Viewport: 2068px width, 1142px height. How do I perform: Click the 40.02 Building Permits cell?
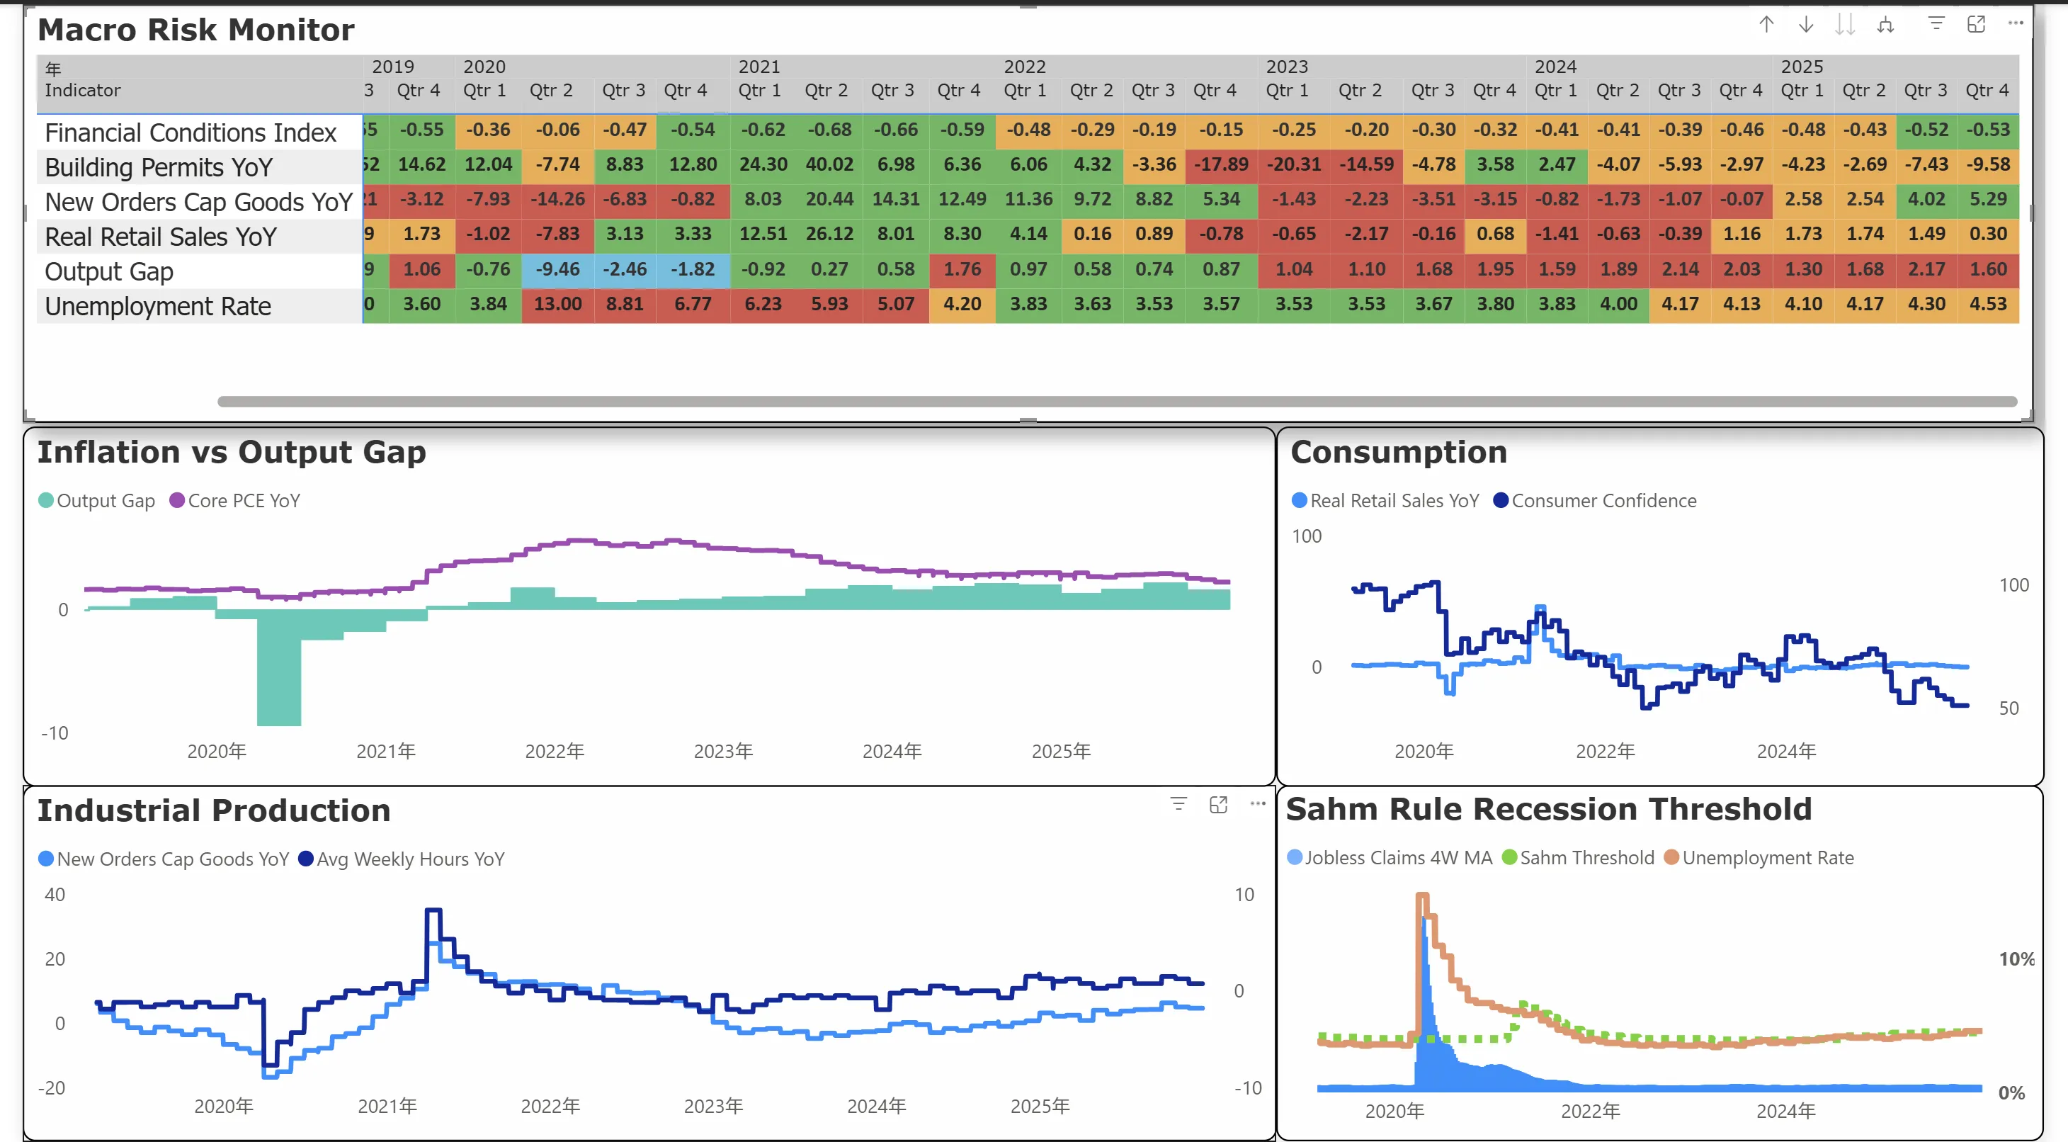[829, 164]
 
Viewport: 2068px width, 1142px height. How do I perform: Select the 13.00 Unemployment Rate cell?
[557, 305]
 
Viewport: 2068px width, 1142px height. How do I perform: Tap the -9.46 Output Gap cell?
[557, 269]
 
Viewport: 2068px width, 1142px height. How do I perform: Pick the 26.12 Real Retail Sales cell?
[829, 234]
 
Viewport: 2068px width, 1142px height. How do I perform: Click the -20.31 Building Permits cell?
[1293, 164]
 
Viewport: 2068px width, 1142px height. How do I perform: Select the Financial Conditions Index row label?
[191, 132]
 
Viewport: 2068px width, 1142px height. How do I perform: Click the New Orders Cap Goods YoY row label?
[198, 203]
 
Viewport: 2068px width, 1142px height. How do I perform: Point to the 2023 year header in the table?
[1286, 67]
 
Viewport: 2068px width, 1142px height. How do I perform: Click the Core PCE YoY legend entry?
[243, 500]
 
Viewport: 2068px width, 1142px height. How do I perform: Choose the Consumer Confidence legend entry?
[1603, 500]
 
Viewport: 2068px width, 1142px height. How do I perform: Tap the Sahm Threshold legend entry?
[1586, 858]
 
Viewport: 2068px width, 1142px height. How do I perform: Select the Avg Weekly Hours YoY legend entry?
[410, 859]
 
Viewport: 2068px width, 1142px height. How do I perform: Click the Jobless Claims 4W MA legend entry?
[1397, 858]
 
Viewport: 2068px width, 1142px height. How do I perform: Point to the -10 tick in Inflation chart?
[55, 733]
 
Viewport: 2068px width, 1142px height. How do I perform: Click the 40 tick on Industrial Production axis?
[55, 895]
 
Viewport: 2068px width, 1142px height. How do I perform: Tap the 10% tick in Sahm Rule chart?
[2016, 959]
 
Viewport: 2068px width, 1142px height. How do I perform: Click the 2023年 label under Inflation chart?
[722, 752]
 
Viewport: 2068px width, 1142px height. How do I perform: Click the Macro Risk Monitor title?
[196, 30]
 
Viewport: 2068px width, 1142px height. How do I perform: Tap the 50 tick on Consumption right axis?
[2008, 708]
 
